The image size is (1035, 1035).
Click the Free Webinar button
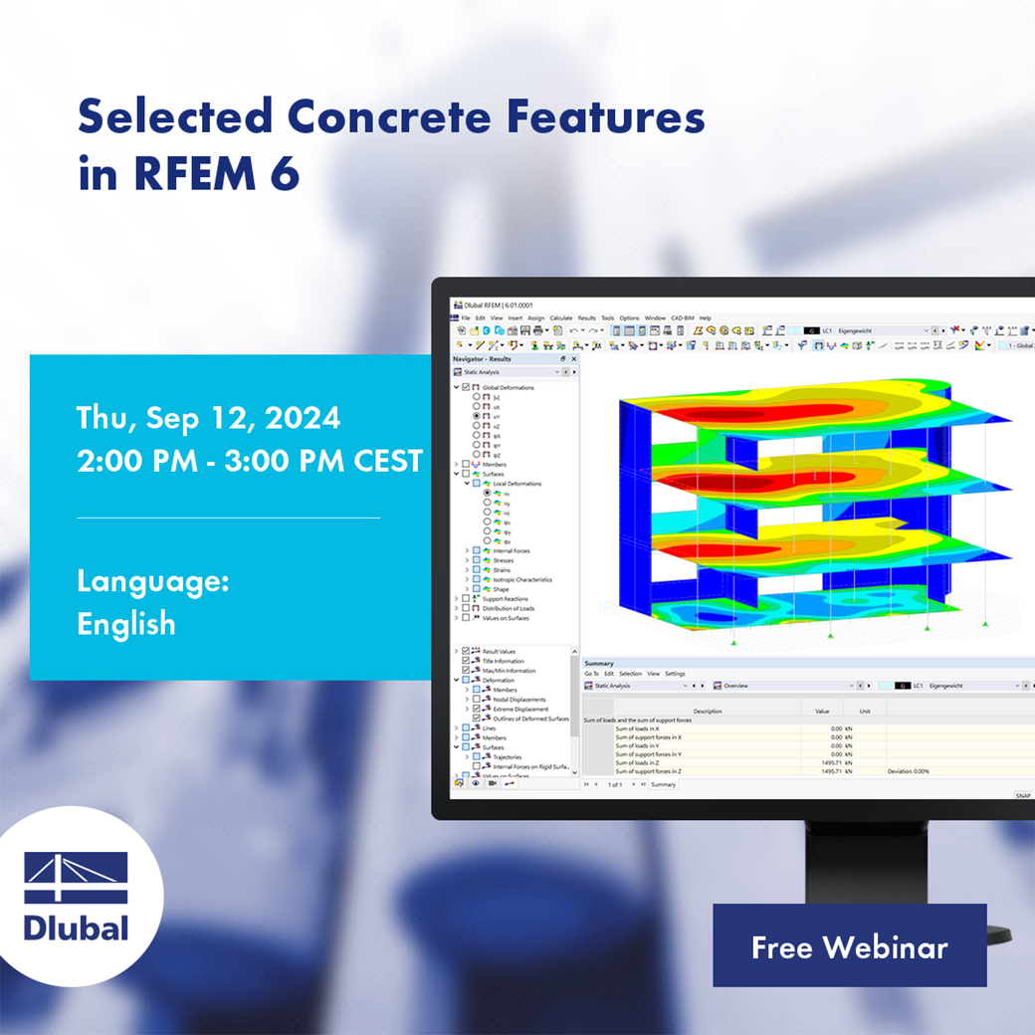point(849,946)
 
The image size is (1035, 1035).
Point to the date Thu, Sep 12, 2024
point(208,418)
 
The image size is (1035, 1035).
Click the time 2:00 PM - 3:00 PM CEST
point(249,461)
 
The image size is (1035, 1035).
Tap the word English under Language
point(126,624)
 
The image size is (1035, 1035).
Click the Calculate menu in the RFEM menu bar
point(561,317)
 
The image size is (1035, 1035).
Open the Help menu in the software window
point(705,317)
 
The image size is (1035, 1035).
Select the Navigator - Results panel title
point(483,358)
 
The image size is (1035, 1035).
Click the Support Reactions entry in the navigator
point(505,598)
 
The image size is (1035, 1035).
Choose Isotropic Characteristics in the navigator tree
point(522,579)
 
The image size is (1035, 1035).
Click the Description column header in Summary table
point(708,712)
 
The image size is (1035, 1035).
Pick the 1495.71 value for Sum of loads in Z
point(829,762)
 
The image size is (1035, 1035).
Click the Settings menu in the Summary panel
point(675,674)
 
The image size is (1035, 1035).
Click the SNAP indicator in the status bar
point(1022,795)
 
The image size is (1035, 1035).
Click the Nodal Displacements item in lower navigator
point(519,700)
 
